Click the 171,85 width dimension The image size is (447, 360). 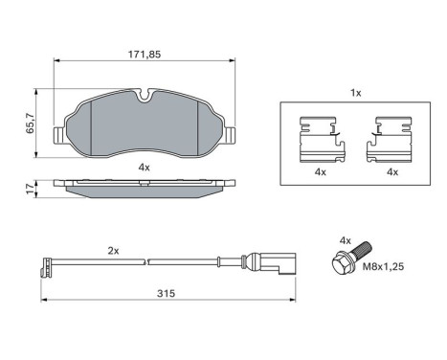coord(143,54)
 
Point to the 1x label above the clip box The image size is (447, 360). coord(356,94)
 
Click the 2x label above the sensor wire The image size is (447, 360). coord(112,250)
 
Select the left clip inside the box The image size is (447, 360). coord(320,140)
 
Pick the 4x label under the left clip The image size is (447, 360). coord(320,171)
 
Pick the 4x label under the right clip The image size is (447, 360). coord(391,171)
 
